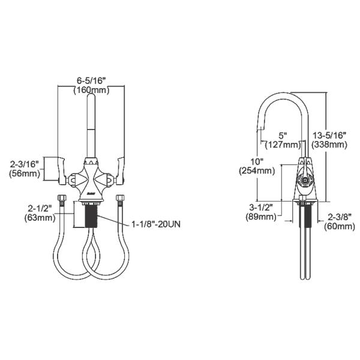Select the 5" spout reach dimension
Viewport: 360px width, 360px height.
click(x=282, y=135)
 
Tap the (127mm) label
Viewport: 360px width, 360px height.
click(x=282, y=145)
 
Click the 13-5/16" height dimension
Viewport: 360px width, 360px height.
click(x=329, y=135)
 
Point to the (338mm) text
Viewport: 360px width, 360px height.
click(x=329, y=145)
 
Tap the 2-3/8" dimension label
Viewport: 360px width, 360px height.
click(x=337, y=217)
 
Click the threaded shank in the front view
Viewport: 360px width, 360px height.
click(x=92, y=216)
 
